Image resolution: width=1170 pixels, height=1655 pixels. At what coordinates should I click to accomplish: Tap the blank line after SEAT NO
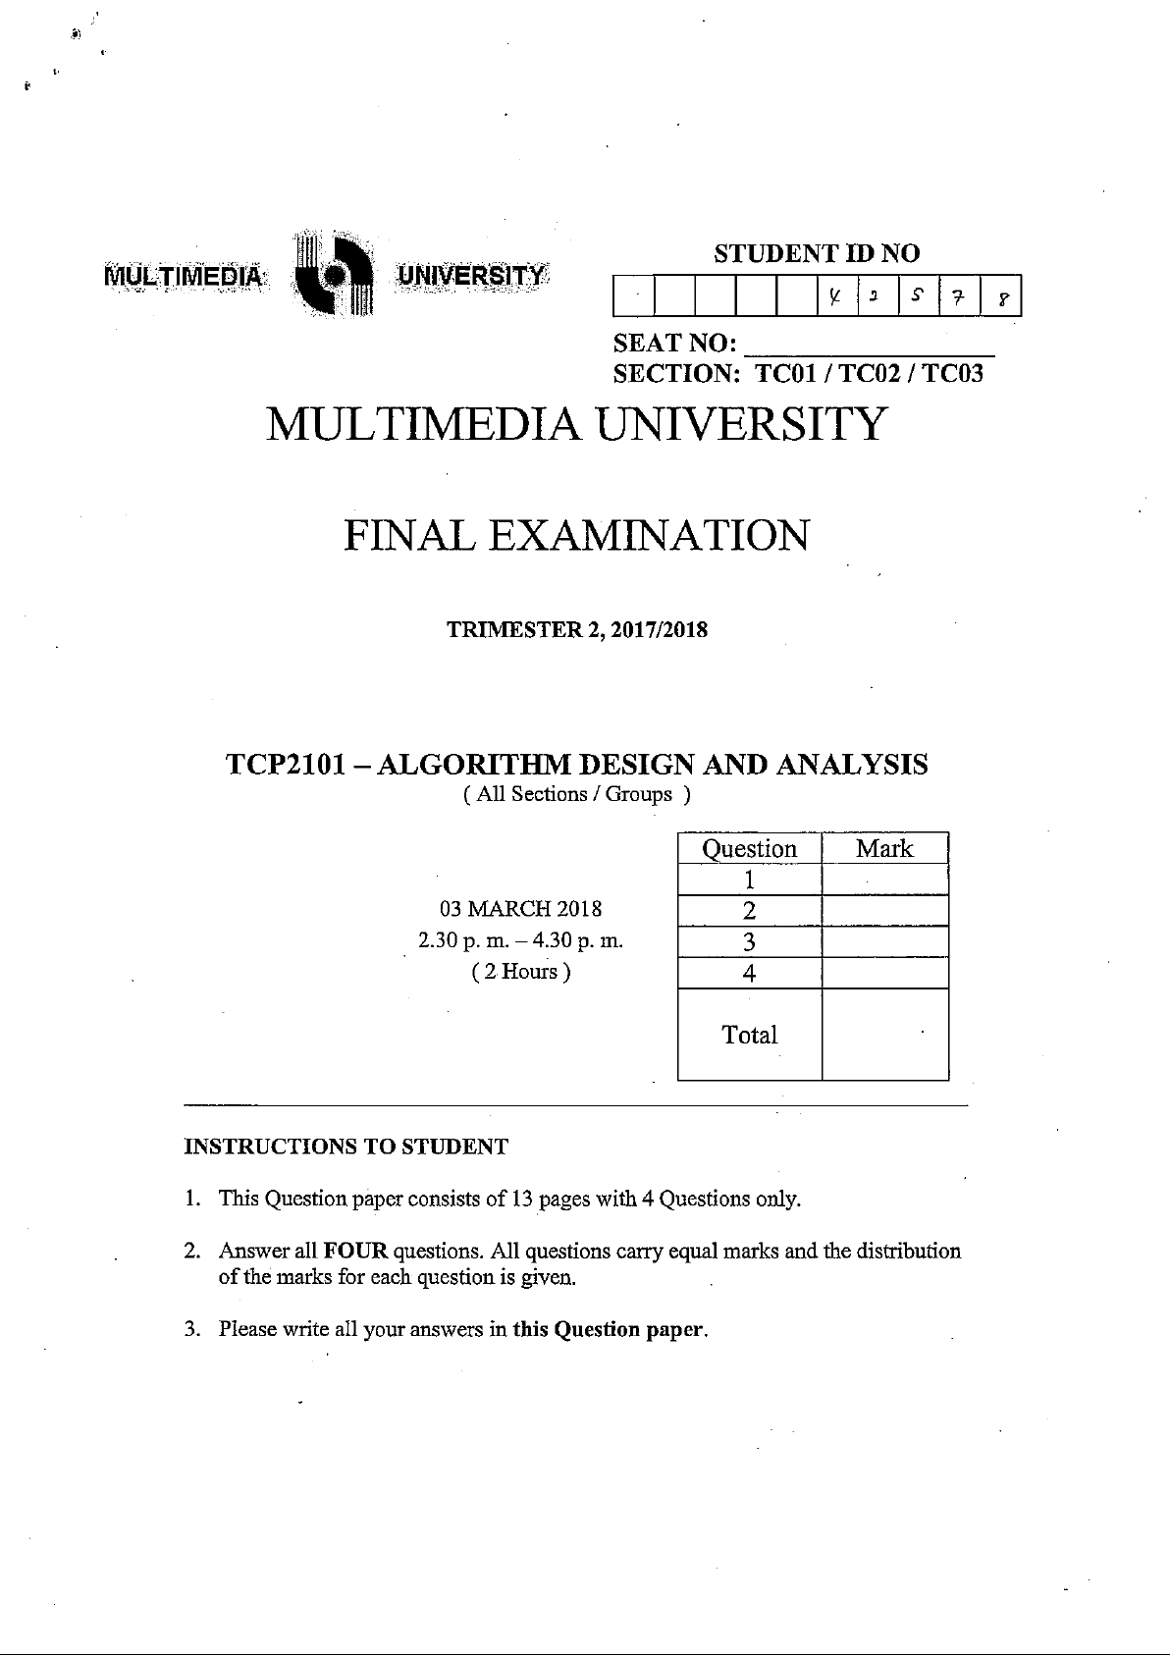(870, 346)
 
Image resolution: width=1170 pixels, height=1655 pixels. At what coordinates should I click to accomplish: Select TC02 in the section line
(868, 374)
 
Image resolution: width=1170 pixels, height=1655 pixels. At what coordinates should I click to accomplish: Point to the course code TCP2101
(286, 765)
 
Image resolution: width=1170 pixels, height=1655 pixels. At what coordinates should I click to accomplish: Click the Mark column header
(884, 849)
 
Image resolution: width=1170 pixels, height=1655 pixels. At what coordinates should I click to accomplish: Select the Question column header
(749, 849)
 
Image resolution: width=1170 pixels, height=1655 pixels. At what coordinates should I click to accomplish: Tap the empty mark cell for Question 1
(884, 880)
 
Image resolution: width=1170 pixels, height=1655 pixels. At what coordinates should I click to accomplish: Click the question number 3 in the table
(749, 942)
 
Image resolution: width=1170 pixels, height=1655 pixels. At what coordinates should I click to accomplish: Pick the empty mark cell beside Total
(884, 1034)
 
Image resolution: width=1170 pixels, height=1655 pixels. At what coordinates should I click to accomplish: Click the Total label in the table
(749, 1035)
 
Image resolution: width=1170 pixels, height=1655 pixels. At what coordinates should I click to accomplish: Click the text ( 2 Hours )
(521, 972)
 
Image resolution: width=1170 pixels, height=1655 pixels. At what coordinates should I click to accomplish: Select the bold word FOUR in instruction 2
(355, 1252)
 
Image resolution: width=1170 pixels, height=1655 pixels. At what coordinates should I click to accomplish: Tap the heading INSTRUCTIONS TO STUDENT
(346, 1147)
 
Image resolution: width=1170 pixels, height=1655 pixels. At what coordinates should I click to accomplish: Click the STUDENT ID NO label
(817, 254)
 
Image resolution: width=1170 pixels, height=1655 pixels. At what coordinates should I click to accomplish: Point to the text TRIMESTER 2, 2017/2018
(577, 630)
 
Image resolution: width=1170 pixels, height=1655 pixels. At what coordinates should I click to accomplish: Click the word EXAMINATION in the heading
(649, 536)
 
